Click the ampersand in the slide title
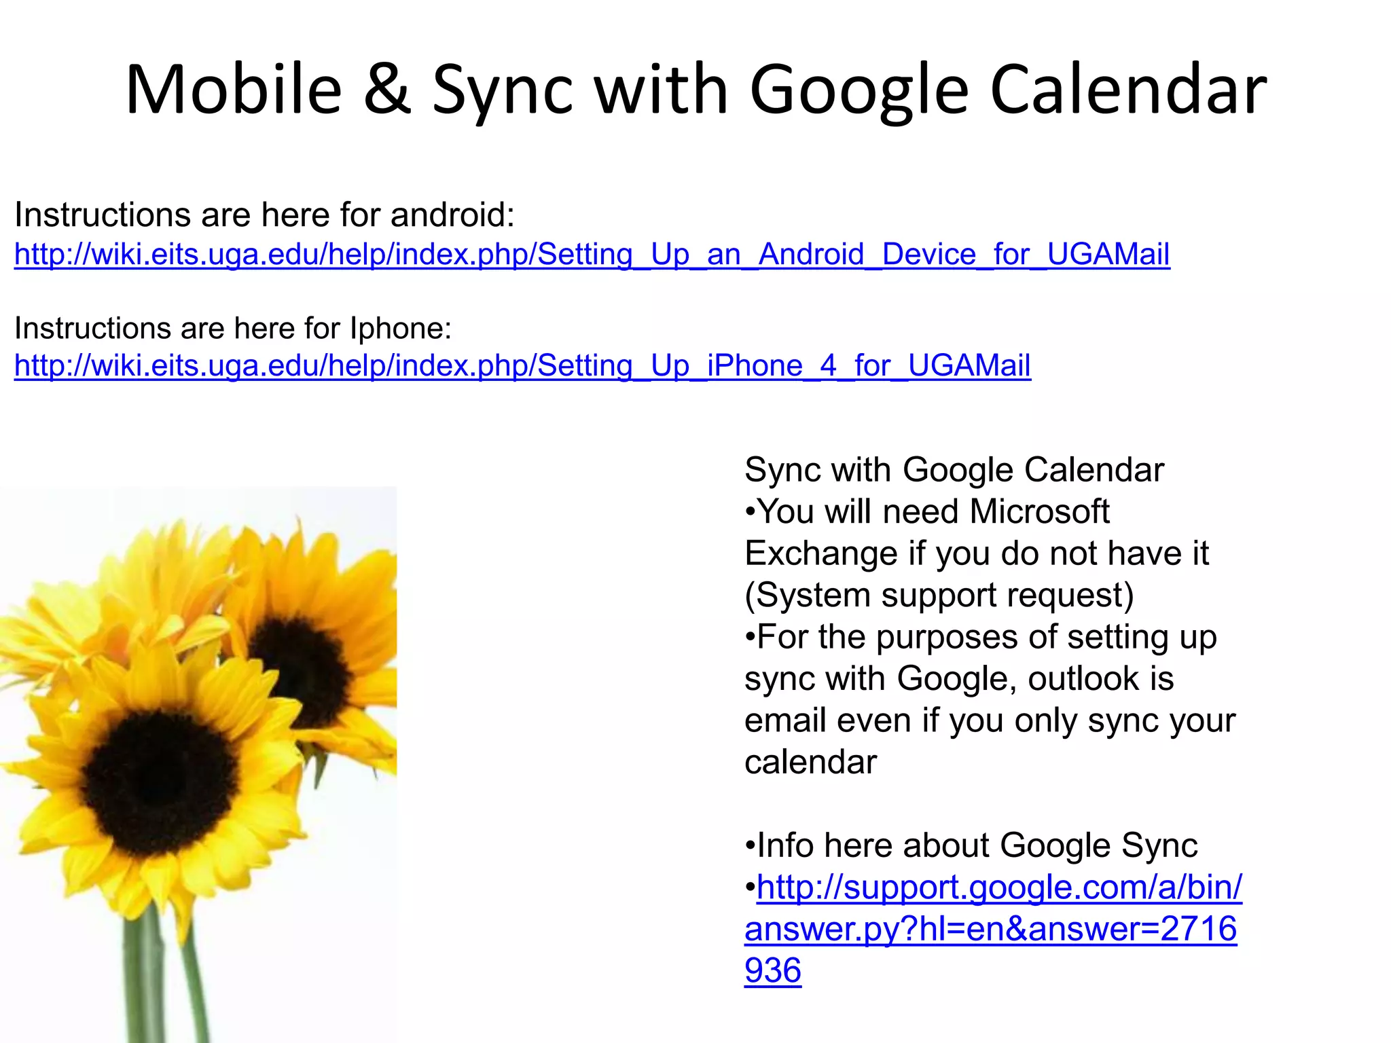pyautogui.click(x=387, y=90)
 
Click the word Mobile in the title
pyautogui.click(x=234, y=90)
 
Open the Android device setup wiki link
pyautogui.click(x=592, y=255)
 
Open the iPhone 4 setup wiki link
pyautogui.click(x=522, y=366)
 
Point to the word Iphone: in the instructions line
pyautogui.click(x=401, y=329)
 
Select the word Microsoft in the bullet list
pyautogui.click(x=1039, y=512)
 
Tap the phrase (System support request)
pyautogui.click(x=939, y=596)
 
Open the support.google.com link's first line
pyautogui.click(x=999, y=888)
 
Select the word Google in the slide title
pyautogui.click(x=859, y=90)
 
